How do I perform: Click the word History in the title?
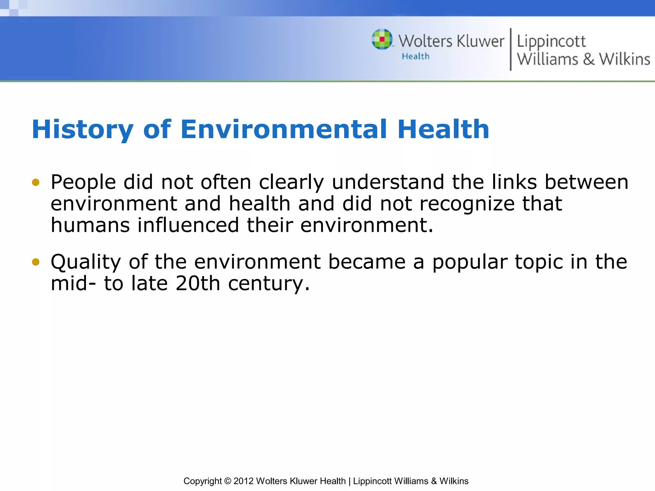point(83,129)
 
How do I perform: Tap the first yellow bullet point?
point(36,183)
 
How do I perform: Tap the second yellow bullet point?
point(36,262)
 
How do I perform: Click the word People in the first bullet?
point(83,182)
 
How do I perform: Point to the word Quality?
point(86,262)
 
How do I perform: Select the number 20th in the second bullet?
point(198,283)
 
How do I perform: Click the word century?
point(269,284)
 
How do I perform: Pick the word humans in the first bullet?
point(90,225)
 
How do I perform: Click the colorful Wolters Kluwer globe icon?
point(382,39)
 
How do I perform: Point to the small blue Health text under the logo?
point(415,56)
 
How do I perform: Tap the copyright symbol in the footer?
point(227,481)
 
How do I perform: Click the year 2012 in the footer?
point(243,481)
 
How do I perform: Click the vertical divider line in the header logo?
point(510,49)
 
